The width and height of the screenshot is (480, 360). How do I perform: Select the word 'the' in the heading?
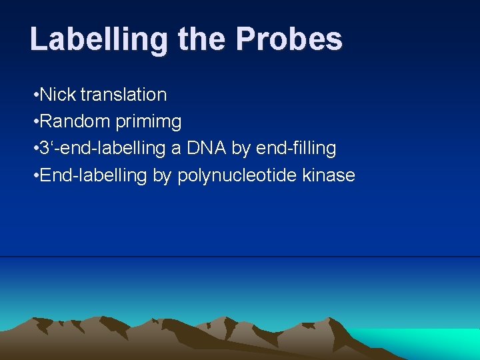[x=202, y=39]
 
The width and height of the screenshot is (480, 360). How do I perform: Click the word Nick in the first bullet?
[x=58, y=95]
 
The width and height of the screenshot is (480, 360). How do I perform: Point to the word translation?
[x=123, y=95]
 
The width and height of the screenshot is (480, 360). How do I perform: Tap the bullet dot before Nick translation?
[x=35, y=95]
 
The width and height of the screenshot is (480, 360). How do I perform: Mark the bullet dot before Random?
[x=35, y=122]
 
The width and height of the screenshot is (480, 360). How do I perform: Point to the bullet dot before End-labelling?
[x=35, y=176]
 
